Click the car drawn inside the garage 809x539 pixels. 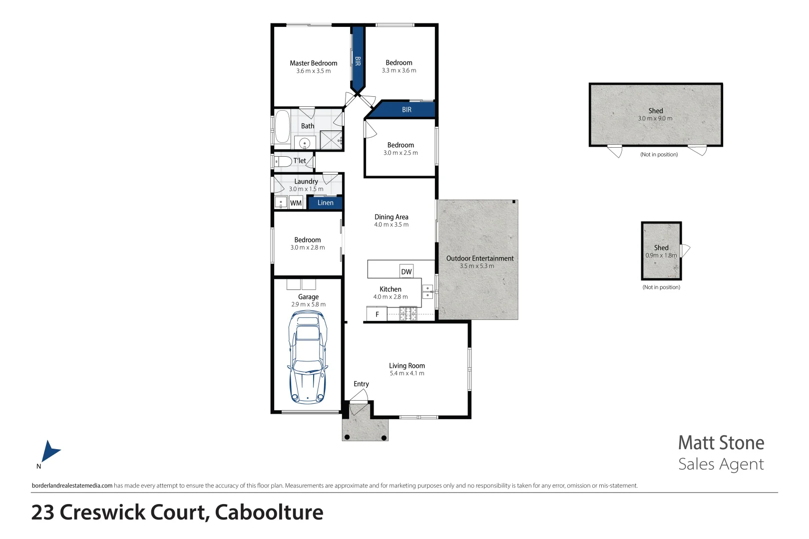[308, 357]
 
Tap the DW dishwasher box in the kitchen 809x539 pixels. [406, 271]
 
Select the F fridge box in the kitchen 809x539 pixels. [377, 314]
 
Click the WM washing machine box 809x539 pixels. [296, 203]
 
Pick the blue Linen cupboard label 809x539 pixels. [325, 203]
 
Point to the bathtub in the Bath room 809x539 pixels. [282, 127]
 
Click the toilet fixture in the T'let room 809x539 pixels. [283, 162]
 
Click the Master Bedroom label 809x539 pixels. [313, 63]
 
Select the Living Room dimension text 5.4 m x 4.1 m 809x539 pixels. [407, 373]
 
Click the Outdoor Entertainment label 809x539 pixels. [479, 258]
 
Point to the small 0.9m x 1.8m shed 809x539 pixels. [661, 251]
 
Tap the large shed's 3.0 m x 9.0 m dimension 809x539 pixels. [655, 118]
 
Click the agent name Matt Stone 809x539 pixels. [721, 443]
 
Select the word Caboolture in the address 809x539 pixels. [269, 513]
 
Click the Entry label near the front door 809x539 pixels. [361, 384]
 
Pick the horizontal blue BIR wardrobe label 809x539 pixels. [406, 109]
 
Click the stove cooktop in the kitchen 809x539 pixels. [408, 314]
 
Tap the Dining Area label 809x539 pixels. [391, 217]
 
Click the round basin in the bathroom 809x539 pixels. [305, 144]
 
